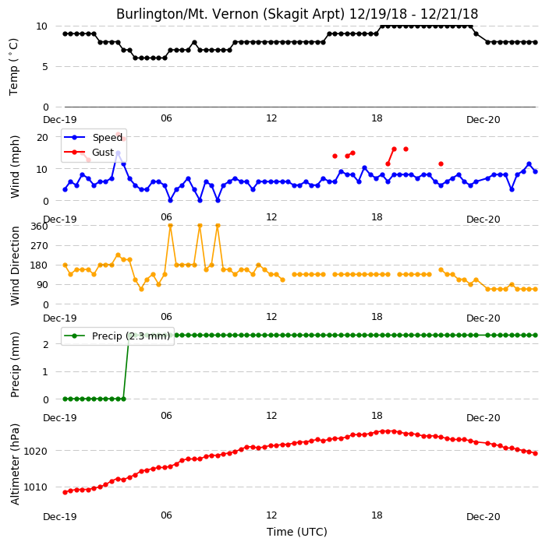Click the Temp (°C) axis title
pyautogui.click(x=13, y=67)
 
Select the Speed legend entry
pyautogui.click(x=93, y=137)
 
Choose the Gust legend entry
pyautogui.click(x=89, y=152)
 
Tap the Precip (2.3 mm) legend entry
pyautogui.click(x=117, y=336)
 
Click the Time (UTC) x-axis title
pyautogui.click(x=297, y=532)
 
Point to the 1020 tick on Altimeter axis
pyautogui.click(x=35, y=452)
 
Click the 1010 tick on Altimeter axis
pyautogui.click(x=35, y=487)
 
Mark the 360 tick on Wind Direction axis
pyautogui.click(x=39, y=227)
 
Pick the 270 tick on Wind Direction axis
pyautogui.click(x=39, y=246)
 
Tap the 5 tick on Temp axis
pyautogui.click(x=45, y=67)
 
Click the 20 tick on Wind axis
pyautogui.click(x=42, y=137)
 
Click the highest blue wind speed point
pyautogui.click(x=118, y=153)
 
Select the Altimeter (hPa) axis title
pyautogui.click(x=15, y=464)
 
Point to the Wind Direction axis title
pyautogui.click(x=15, y=266)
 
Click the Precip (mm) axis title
pyautogui.click(x=15, y=364)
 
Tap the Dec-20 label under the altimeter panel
pyautogui.click(x=483, y=517)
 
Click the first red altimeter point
pyautogui.click(x=66, y=492)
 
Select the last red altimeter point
pyautogui.click(x=535, y=453)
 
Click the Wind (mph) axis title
pyautogui.click(x=15, y=167)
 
